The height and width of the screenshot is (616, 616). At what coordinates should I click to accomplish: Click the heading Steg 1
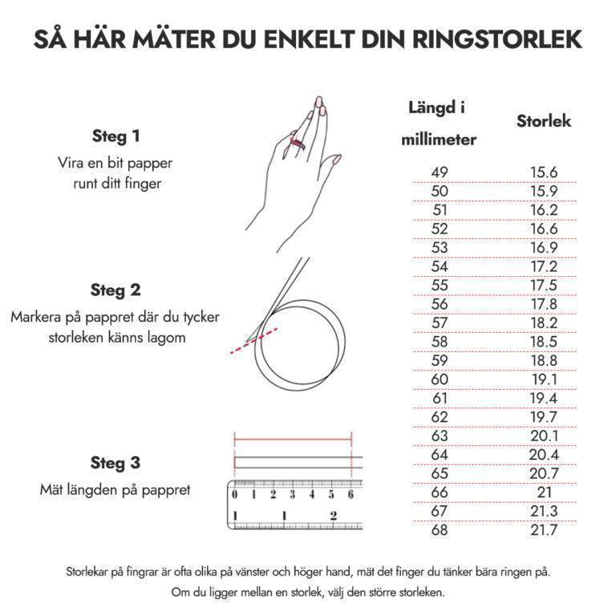tap(115, 136)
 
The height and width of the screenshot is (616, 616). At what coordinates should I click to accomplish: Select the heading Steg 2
tap(115, 290)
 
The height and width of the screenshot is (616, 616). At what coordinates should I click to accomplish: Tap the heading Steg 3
tap(115, 463)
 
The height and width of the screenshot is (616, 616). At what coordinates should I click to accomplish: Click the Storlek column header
tap(544, 121)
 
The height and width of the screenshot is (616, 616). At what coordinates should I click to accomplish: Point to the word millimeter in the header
tap(439, 140)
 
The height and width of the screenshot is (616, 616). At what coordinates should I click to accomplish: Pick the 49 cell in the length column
tap(440, 172)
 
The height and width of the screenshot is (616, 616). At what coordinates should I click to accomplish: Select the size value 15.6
tap(544, 172)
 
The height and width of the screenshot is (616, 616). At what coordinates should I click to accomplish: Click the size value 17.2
tap(544, 267)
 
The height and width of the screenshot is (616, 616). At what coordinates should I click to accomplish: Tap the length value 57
tap(440, 323)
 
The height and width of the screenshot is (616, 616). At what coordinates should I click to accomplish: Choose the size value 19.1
tap(544, 379)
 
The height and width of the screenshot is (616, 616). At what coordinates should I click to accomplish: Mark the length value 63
tap(440, 436)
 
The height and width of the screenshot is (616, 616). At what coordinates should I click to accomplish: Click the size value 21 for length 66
tap(544, 492)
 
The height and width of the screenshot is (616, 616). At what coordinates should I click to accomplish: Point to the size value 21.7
tap(544, 530)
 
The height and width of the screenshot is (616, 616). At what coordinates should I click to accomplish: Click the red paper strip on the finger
tap(298, 144)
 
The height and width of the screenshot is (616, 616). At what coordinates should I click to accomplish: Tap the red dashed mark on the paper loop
tap(253, 341)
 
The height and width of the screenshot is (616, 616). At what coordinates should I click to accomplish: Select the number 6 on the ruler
tap(351, 495)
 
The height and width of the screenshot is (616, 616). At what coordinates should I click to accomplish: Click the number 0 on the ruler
tap(235, 495)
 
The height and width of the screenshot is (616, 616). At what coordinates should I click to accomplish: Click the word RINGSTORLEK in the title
tap(497, 39)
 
